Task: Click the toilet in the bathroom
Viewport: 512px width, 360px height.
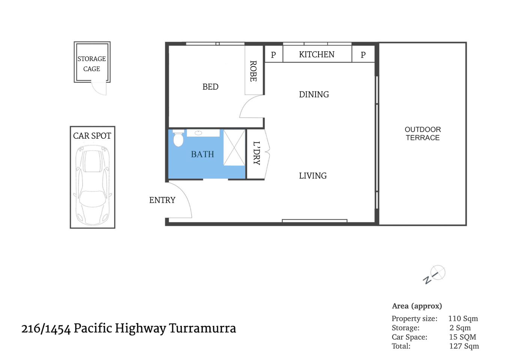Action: click(x=179, y=138)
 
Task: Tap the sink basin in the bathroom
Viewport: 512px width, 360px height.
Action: click(x=198, y=133)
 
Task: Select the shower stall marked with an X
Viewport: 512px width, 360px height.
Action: click(x=234, y=147)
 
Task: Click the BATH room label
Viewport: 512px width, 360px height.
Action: click(x=203, y=154)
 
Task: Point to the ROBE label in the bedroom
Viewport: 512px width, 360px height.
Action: click(x=254, y=71)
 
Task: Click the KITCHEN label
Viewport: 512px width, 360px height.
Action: click(x=317, y=55)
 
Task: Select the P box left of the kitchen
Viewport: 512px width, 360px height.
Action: click(x=273, y=55)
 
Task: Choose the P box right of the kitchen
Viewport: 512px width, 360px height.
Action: click(x=363, y=55)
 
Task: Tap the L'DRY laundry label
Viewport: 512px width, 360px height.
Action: click(x=257, y=153)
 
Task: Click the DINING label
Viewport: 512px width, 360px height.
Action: click(x=314, y=94)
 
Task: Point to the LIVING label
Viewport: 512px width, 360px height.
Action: click(x=313, y=176)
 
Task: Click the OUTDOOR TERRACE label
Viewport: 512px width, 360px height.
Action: click(x=423, y=133)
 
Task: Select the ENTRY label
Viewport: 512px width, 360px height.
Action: click(x=162, y=200)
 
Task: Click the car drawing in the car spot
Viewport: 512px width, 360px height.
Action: click(x=92, y=184)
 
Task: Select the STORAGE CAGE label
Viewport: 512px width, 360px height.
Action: click(x=92, y=64)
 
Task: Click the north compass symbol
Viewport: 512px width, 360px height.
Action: click(x=435, y=274)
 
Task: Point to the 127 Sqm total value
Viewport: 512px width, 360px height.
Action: click(x=464, y=346)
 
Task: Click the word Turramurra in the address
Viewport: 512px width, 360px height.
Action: click(x=203, y=328)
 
